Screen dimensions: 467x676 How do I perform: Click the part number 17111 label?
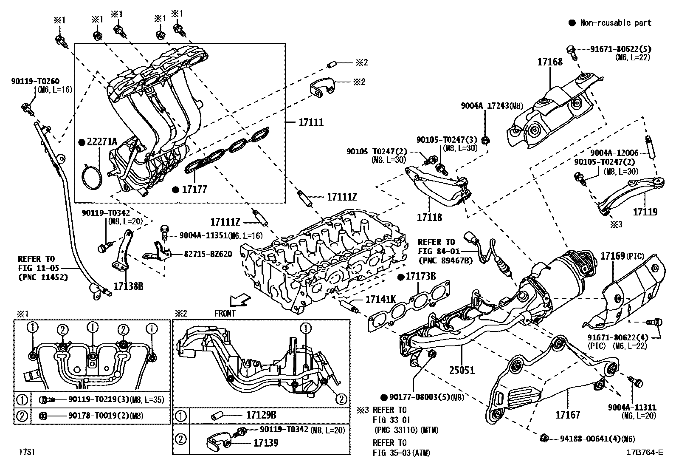pyautogui.click(x=311, y=123)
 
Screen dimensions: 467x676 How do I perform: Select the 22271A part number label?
pyautogui.click(x=102, y=142)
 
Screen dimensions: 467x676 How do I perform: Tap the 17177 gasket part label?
pyautogui.click(x=194, y=190)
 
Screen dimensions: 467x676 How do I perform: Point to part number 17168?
pyautogui.click(x=549, y=62)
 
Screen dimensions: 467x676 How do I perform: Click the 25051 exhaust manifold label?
pyautogui.click(x=462, y=371)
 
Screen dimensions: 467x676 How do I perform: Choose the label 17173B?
pyautogui.click(x=420, y=277)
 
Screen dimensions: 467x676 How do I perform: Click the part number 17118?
pyautogui.click(x=429, y=218)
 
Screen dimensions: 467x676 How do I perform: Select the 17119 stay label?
pyautogui.click(x=645, y=212)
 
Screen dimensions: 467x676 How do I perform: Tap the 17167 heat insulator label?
pyautogui.click(x=568, y=415)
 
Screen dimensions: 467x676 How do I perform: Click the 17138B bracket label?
pyautogui.click(x=128, y=286)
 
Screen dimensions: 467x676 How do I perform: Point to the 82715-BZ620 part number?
pyautogui.click(x=208, y=254)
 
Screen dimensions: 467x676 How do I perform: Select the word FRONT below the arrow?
pyautogui.click(x=225, y=314)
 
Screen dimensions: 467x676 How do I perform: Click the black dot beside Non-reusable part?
pyautogui.click(x=572, y=23)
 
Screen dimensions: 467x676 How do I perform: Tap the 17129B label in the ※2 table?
pyautogui.click(x=261, y=415)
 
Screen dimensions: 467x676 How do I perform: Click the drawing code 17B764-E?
pyautogui.click(x=644, y=453)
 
